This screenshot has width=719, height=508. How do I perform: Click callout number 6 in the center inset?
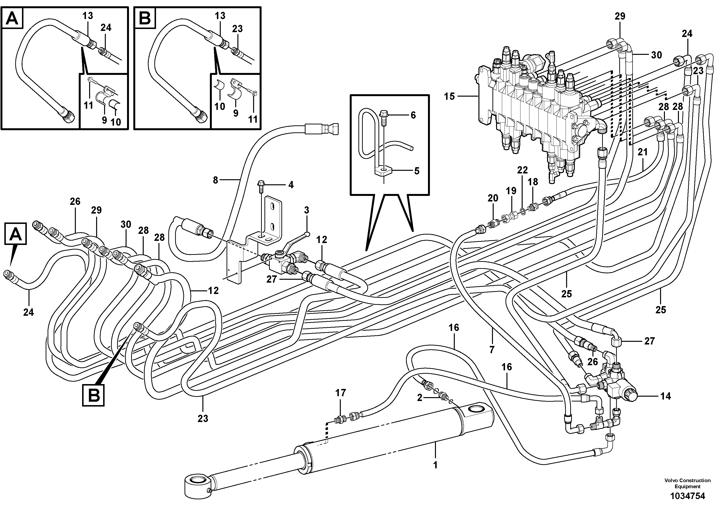click(413, 115)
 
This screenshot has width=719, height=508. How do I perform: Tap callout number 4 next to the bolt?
click(291, 185)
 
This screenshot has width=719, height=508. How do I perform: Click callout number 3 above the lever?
click(306, 210)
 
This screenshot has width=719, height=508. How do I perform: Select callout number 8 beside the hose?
click(215, 180)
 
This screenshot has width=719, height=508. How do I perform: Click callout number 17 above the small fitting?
click(341, 393)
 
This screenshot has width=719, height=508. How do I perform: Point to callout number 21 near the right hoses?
click(643, 152)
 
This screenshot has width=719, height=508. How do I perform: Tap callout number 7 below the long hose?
click(492, 350)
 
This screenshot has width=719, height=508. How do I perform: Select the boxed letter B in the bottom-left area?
click(94, 396)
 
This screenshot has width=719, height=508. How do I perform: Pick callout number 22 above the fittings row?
click(522, 170)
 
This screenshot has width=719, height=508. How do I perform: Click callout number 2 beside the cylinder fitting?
click(420, 398)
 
